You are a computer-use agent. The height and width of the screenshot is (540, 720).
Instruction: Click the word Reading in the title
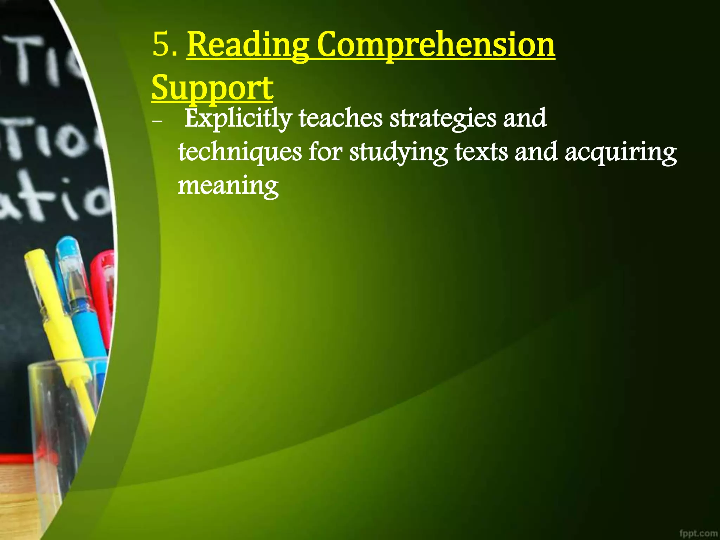point(248,46)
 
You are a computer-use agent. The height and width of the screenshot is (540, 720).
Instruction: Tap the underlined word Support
point(212,88)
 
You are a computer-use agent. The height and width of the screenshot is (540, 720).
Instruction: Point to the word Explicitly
point(238,119)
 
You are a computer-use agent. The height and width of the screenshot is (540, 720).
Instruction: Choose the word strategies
point(443,119)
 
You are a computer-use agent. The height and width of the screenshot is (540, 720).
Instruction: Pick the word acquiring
point(621,153)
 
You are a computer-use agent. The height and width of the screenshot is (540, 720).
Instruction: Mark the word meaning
point(228,186)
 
